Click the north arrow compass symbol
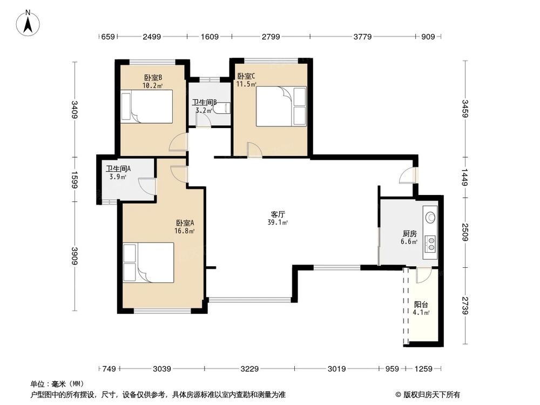pos(28,23)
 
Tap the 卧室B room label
pos(153,77)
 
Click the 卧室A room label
pos(185,223)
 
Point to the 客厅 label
pos(278,214)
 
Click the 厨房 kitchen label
pos(409,234)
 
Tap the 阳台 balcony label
pos(421,305)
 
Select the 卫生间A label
pos(118,168)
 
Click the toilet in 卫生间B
pos(222,108)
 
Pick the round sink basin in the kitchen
pos(430,217)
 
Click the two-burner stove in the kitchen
pos(430,243)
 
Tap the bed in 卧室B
pos(146,106)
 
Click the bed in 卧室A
pos(148,263)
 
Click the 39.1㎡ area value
pos(278,222)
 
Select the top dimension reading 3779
pos(362,37)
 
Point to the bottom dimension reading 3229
pos(249,369)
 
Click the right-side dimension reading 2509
pos(465,232)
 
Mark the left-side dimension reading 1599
pos(74,180)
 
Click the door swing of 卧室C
pos(254,150)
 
